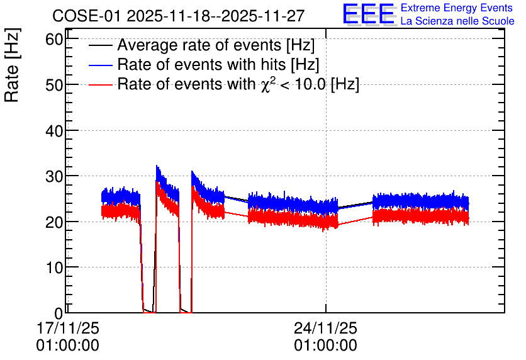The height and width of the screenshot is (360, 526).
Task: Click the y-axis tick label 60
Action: tap(54, 40)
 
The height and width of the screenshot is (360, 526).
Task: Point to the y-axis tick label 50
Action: tap(54, 85)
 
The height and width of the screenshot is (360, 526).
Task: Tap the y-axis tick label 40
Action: tap(54, 131)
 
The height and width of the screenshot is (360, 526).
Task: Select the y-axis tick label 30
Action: tap(54, 176)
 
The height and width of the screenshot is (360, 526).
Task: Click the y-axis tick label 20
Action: tap(54, 222)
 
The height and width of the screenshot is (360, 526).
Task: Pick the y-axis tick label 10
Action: tap(54, 267)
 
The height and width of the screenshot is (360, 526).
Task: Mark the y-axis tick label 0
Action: tap(59, 313)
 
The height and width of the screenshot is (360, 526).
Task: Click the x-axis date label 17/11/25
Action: tap(68, 328)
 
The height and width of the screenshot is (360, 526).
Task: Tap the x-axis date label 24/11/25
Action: tap(325, 328)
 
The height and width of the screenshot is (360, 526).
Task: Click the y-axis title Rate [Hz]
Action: tap(12, 65)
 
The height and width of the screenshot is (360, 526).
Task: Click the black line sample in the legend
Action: tap(100, 45)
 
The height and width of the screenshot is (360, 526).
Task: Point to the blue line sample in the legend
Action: tap(100, 65)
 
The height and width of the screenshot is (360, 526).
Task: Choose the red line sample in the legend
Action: tap(100, 84)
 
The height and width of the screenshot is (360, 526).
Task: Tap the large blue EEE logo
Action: tap(369, 14)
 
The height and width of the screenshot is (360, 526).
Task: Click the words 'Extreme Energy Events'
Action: tap(457, 8)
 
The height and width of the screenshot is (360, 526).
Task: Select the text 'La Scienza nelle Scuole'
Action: tap(457, 21)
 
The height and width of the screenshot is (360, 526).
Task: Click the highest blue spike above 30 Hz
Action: tap(157, 166)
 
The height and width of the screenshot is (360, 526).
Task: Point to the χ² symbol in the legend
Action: tap(266, 84)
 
